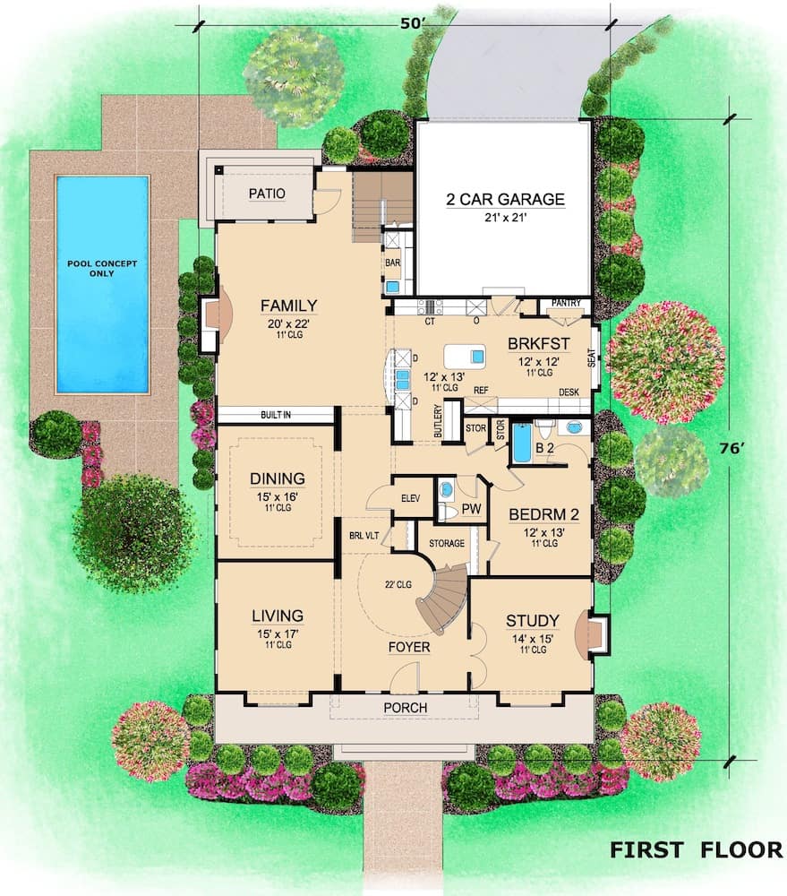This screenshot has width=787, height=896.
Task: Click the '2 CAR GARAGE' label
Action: pyautogui.click(x=506, y=199)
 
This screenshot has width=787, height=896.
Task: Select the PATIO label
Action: pyautogui.click(x=266, y=193)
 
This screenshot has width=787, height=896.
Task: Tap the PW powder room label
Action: pyautogui.click(x=471, y=508)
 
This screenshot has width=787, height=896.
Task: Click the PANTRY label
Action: pyautogui.click(x=566, y=303)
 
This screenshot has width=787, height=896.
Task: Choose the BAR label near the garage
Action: pyautogui.click(x=392, y=264)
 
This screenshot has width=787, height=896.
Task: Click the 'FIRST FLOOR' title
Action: pyautogui.click(x=696, y=849)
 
